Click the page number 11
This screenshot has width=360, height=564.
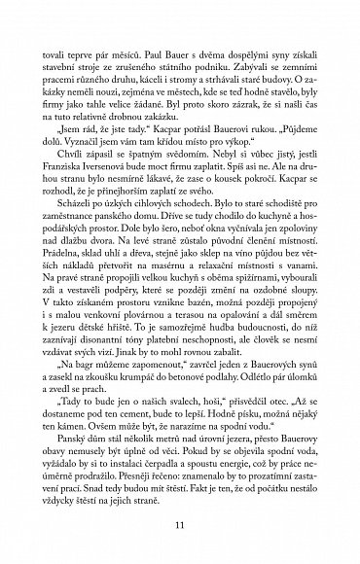pos(180,526)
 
